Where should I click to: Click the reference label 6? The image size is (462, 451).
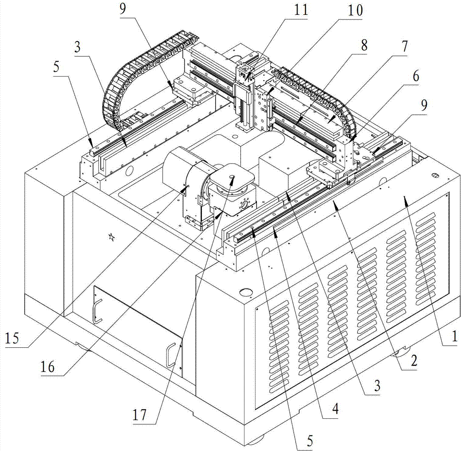point(416,78)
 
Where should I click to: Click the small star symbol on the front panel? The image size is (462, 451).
point(111,237)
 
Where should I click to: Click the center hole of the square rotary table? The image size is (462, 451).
point(231,176)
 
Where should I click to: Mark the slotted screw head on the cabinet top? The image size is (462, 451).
point(434,175)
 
